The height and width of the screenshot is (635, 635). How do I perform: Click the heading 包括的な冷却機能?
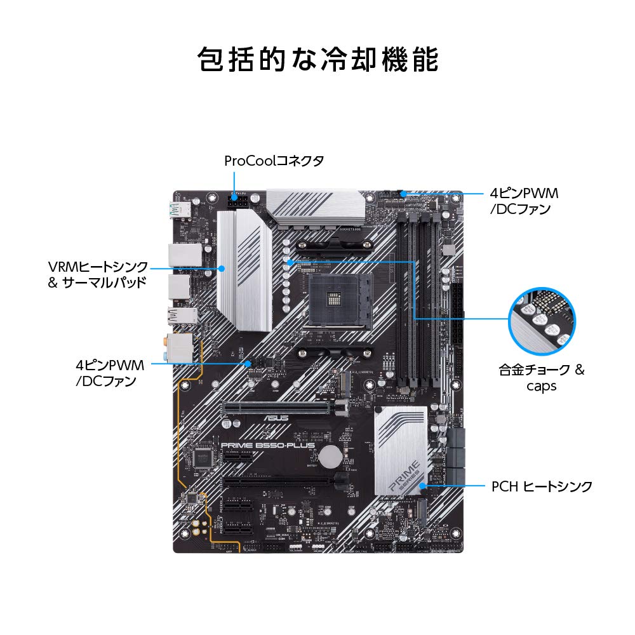317,61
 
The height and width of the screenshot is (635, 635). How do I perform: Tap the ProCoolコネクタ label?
274,161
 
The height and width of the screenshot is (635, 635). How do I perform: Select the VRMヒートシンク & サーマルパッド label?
98,274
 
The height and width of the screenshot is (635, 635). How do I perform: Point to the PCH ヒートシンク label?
542,486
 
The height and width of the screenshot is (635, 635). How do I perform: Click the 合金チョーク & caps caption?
542,377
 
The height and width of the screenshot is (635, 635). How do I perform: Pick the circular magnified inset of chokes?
543,320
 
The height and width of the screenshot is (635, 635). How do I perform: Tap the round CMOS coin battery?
330,455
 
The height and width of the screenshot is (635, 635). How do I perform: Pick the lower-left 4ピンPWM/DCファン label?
110,373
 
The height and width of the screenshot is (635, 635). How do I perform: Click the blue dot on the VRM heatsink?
222,268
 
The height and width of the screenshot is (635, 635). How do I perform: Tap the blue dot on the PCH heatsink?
421,486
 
